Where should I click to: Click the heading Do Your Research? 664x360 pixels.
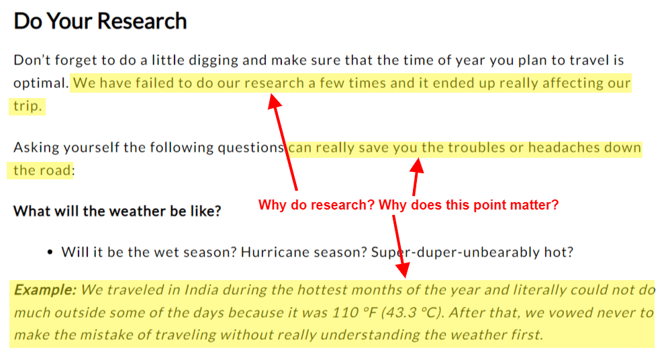pos(100,21)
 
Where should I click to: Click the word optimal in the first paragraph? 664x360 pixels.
pos(41,83)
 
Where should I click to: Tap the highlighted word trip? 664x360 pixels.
pos(28,106)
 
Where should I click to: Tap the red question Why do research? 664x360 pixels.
pos(316,205)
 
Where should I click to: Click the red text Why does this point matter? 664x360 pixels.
pos(469,205)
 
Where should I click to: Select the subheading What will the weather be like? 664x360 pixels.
pos(117,211)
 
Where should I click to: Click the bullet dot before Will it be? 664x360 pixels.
pos(50,253)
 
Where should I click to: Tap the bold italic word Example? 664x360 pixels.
pos(45,290)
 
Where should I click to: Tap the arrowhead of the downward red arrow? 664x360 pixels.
pos(402,270)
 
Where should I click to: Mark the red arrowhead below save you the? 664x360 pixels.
pos(418,165)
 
